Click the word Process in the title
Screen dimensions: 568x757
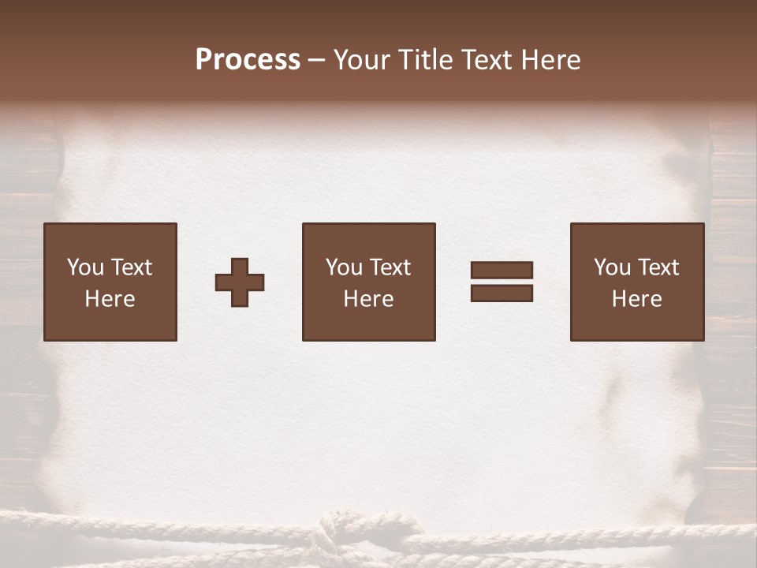[248, 60]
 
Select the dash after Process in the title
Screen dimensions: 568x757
[317, 61]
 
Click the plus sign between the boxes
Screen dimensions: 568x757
[240, 282]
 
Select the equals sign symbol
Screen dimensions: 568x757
[502, 282]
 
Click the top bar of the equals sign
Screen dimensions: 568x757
[502, 271]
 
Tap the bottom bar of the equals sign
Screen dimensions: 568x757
[502, 293]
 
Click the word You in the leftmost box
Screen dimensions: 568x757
[85, 267]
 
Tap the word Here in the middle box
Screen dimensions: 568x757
[369, 299]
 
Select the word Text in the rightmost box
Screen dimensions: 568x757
[659, 267]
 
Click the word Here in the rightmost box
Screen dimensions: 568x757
[637, 299]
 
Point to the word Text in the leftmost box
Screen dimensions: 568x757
[131, 267]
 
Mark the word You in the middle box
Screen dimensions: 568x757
[344, 267]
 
